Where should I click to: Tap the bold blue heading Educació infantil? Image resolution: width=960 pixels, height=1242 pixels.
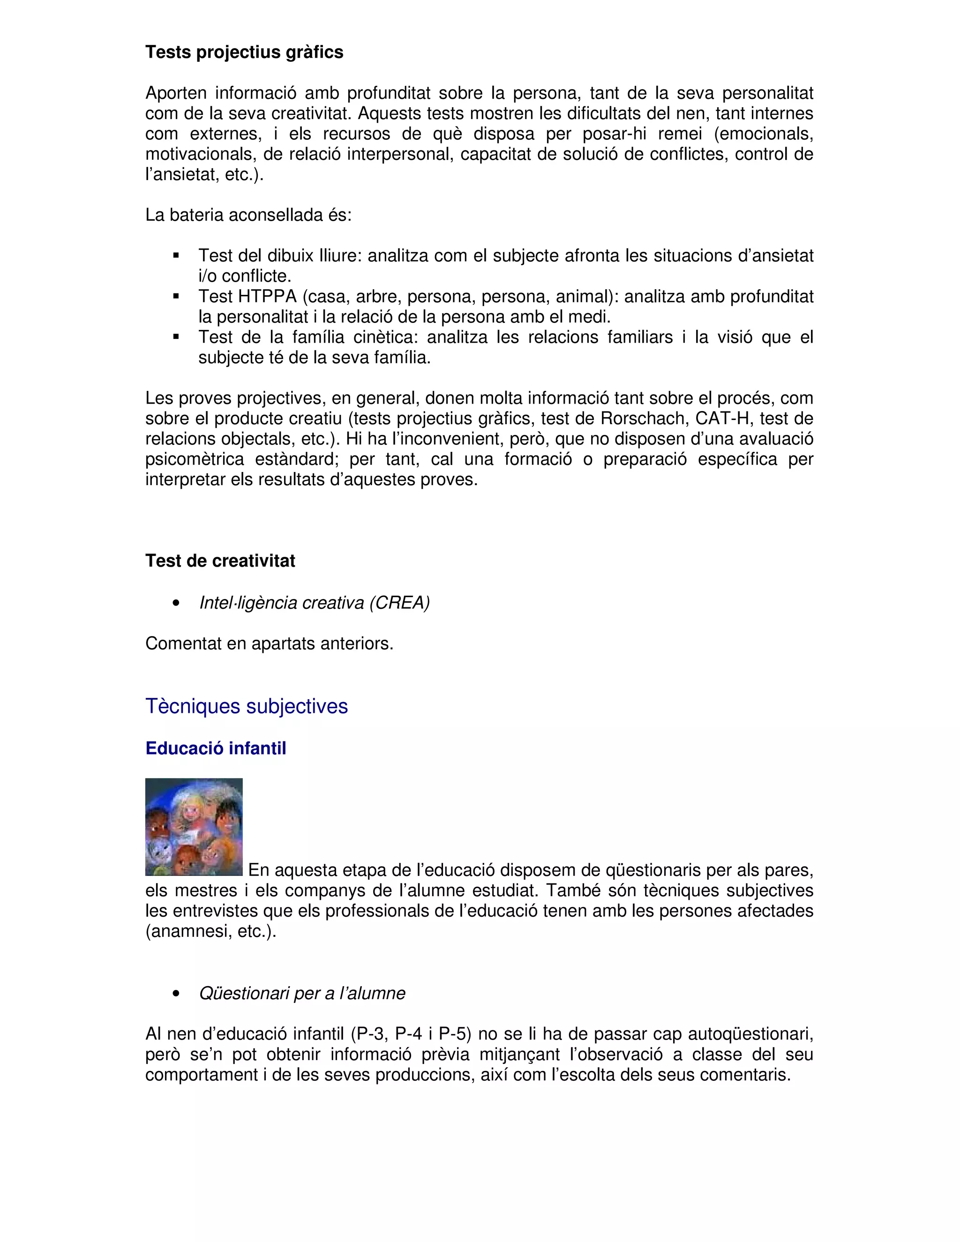pyautogui.click(x=216, y=748)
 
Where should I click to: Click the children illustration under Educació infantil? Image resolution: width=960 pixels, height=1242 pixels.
pyautogui.click(x=194, y=827)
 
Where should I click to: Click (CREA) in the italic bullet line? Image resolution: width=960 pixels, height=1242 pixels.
pyautogui.click(x=399, y=603)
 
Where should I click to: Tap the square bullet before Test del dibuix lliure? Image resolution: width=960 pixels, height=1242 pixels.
pyautogui.click(x=176, y=256)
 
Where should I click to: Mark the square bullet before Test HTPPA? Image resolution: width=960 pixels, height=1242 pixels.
pyautogui.click(x=176, y=296)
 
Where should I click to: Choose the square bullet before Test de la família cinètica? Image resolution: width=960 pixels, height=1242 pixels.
pyautogui.click(x=176, y=337)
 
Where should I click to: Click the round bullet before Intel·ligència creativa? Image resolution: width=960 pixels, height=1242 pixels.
pyautogui.click(x=176, y=603)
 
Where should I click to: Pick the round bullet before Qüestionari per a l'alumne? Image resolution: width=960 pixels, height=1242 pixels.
pyautogui.click(x=176, y=994)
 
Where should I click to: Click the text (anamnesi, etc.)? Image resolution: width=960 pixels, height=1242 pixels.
pyautogui.click(x=210, y=932)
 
